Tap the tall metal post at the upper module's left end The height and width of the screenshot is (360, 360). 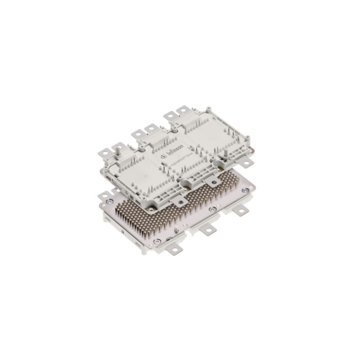tap(119, 149)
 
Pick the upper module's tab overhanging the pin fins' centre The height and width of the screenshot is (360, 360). tap(180, 194)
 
